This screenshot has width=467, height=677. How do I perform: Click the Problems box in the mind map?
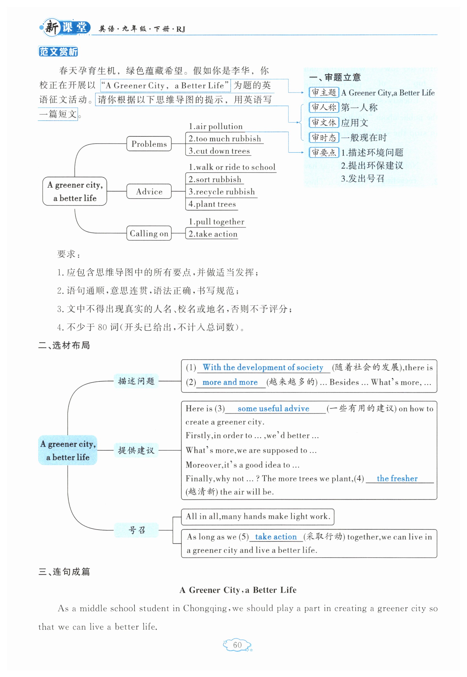pos(149,144)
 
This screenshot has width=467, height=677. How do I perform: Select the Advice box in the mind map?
pos(149,191)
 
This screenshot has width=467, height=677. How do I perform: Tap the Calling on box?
pos(149,233)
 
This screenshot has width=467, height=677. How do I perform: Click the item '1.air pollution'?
pos(216,126)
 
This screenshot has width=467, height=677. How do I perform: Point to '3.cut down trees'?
pos(219,151)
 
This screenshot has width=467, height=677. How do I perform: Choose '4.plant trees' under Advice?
pos(212,204)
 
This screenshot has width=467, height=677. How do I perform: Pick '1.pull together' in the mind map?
pos(217,221)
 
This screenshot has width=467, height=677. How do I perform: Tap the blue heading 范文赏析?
pos(58,52)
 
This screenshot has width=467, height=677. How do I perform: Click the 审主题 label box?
pos(324,93)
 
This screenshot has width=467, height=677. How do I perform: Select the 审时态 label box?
pos(324,137)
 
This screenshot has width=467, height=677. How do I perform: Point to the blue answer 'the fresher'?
pos(397,479)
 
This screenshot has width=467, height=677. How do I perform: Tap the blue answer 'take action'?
pos(276,537)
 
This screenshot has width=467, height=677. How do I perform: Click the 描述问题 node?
pos(136,381)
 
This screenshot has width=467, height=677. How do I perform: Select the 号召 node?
pos(136,530)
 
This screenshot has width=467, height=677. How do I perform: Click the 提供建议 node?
pos(136,450)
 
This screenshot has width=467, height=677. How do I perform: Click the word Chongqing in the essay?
pos(205,608)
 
